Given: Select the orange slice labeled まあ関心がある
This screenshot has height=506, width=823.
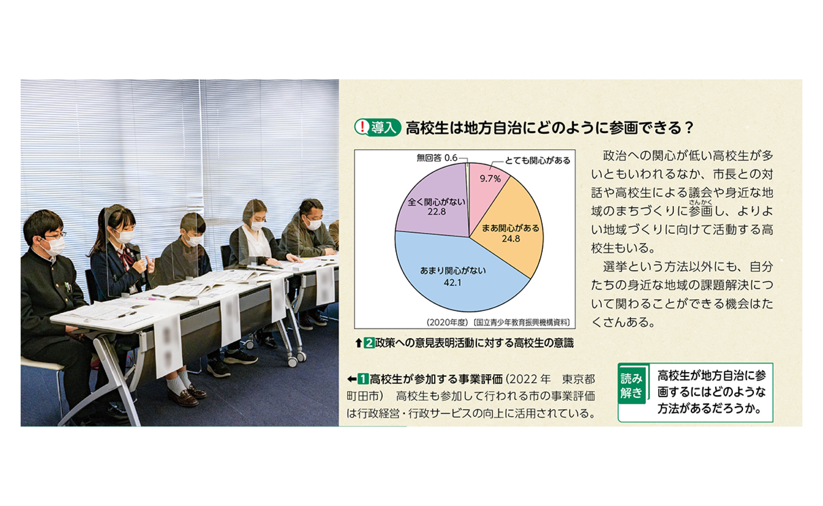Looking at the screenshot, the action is (x=512, y=231).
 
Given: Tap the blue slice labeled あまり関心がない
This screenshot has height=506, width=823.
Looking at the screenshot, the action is (x=458, y=274).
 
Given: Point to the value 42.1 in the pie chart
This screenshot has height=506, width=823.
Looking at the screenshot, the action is (x=452, y=283).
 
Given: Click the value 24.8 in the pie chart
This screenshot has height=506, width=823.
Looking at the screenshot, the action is (x=511, y=239).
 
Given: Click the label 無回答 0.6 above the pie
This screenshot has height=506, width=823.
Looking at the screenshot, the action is (x=437, y=158).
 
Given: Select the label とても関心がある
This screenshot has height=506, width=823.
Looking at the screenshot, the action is (x=537, y=161).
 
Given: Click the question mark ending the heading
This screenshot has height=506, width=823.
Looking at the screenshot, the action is (x=689, y=128).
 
